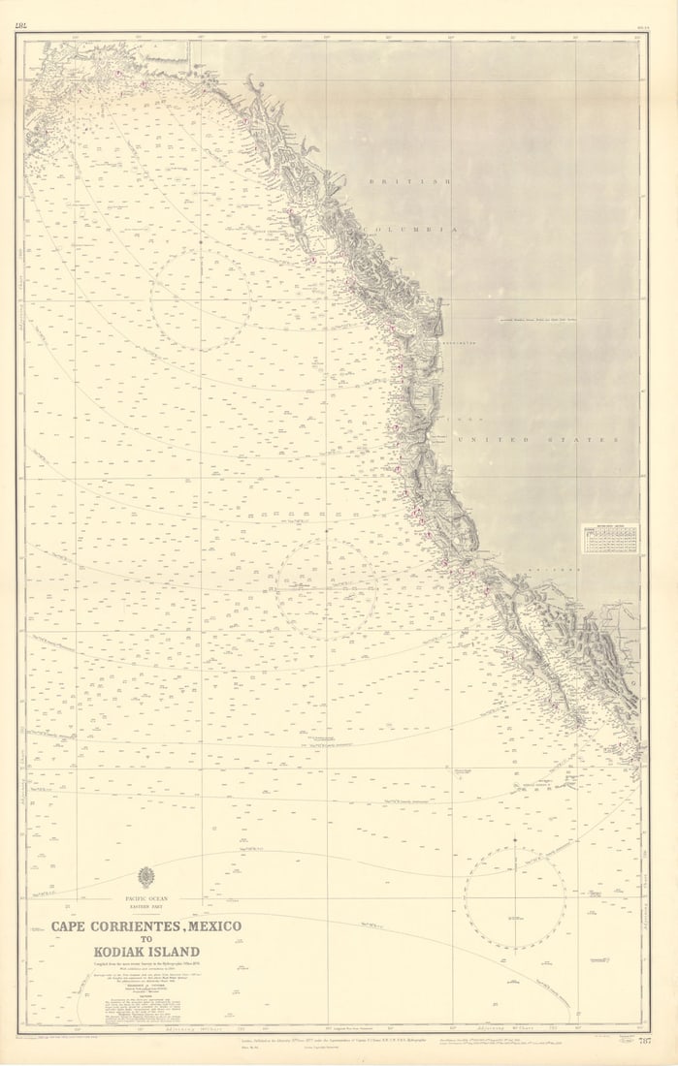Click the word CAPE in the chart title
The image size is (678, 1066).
tap(72, 926)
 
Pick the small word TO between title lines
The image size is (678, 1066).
tap(146, 939)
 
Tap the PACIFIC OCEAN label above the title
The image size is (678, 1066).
tap(146, 899)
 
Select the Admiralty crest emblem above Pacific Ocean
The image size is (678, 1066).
tap(146, 878)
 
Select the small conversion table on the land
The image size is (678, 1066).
tap(610, 539)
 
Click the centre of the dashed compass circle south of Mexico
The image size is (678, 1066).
tap(515, 898)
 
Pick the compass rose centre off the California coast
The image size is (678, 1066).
tap(327, 588)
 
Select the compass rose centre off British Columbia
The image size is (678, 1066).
tap(201, 300)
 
